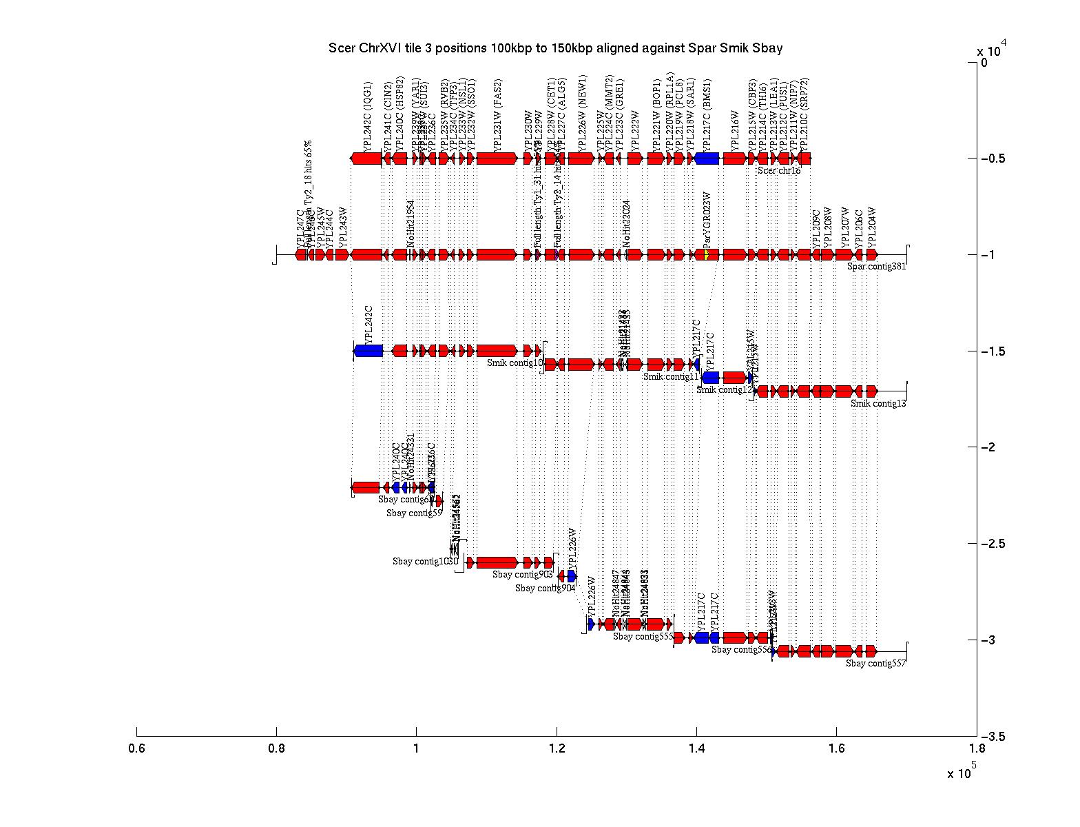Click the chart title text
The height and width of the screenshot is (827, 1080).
[555, 48]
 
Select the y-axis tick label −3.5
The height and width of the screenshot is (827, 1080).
[992, 737]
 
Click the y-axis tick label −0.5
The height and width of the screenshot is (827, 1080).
[992, 159]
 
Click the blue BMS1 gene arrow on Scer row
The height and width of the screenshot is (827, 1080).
[707, 159]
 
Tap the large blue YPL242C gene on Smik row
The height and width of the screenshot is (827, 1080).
[368, 351]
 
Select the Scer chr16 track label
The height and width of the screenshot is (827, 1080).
[778, 170]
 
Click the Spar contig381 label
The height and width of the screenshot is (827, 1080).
[877, 267]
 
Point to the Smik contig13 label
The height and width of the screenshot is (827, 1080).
[878, 404]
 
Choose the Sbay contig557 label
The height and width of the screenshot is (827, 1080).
[875, 664]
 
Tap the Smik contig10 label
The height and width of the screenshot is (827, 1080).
[515, 363]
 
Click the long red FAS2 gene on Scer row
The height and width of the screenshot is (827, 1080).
[496, 159]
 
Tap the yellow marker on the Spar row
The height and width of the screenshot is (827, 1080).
[707, 255]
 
